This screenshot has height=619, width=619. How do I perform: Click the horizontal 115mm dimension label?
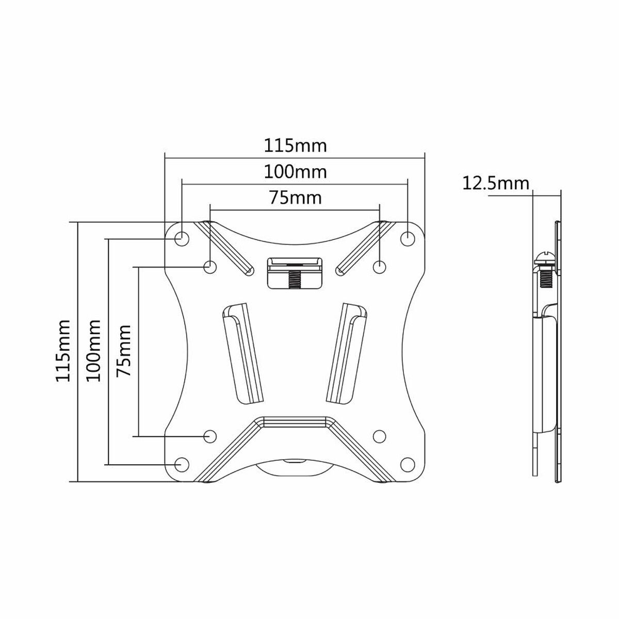coord(295,145)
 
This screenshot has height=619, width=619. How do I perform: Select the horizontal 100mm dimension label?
coord(295,171)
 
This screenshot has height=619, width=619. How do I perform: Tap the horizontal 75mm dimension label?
coord(295,198)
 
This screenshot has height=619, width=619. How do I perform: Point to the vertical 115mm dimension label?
coord(64,351)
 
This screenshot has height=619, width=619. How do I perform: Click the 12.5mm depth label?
coord(496,183)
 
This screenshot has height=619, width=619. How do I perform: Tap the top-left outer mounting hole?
coord(182,238)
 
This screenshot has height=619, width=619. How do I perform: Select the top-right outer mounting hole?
coord(408,238)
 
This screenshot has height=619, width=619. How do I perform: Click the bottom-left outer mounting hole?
coord(182,464)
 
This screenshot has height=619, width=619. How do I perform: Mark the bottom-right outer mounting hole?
coord(408,464)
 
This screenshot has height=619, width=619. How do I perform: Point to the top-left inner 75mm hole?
coord(210,267)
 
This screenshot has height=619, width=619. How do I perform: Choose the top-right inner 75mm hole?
coord(379,267)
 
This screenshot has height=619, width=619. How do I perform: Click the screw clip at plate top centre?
coord(294,272)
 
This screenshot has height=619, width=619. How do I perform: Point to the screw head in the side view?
coord(545,257)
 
